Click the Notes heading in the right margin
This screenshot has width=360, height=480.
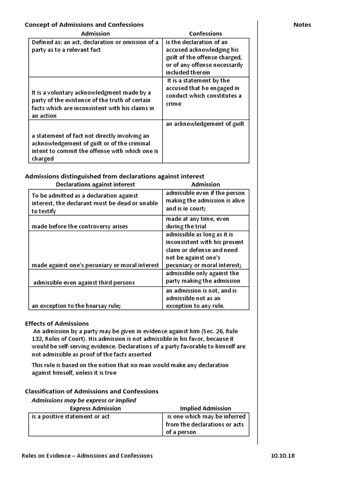[302, 25]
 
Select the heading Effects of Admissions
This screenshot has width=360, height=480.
[56, 323]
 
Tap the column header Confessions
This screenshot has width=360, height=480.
[205, 34]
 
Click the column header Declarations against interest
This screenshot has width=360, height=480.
[95, 185]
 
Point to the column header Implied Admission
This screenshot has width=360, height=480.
[205, 408]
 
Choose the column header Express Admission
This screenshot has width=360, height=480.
[95, 408]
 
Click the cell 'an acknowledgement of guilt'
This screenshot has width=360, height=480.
[205, 124]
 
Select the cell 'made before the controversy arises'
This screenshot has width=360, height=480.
[80, 226]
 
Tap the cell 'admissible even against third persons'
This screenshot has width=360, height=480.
[84, 283]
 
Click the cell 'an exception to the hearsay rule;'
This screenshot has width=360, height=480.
[76, 306]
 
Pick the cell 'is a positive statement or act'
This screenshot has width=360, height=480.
[70, 416]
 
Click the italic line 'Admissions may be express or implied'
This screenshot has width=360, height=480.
[83, 400]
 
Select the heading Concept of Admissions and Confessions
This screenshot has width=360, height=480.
[84, 24]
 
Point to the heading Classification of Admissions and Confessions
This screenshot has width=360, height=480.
[91, 391]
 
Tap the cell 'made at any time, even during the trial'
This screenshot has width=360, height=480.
[197, 223]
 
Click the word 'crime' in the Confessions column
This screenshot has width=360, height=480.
[173, 104]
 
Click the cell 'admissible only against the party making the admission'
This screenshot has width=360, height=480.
[202, 277]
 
